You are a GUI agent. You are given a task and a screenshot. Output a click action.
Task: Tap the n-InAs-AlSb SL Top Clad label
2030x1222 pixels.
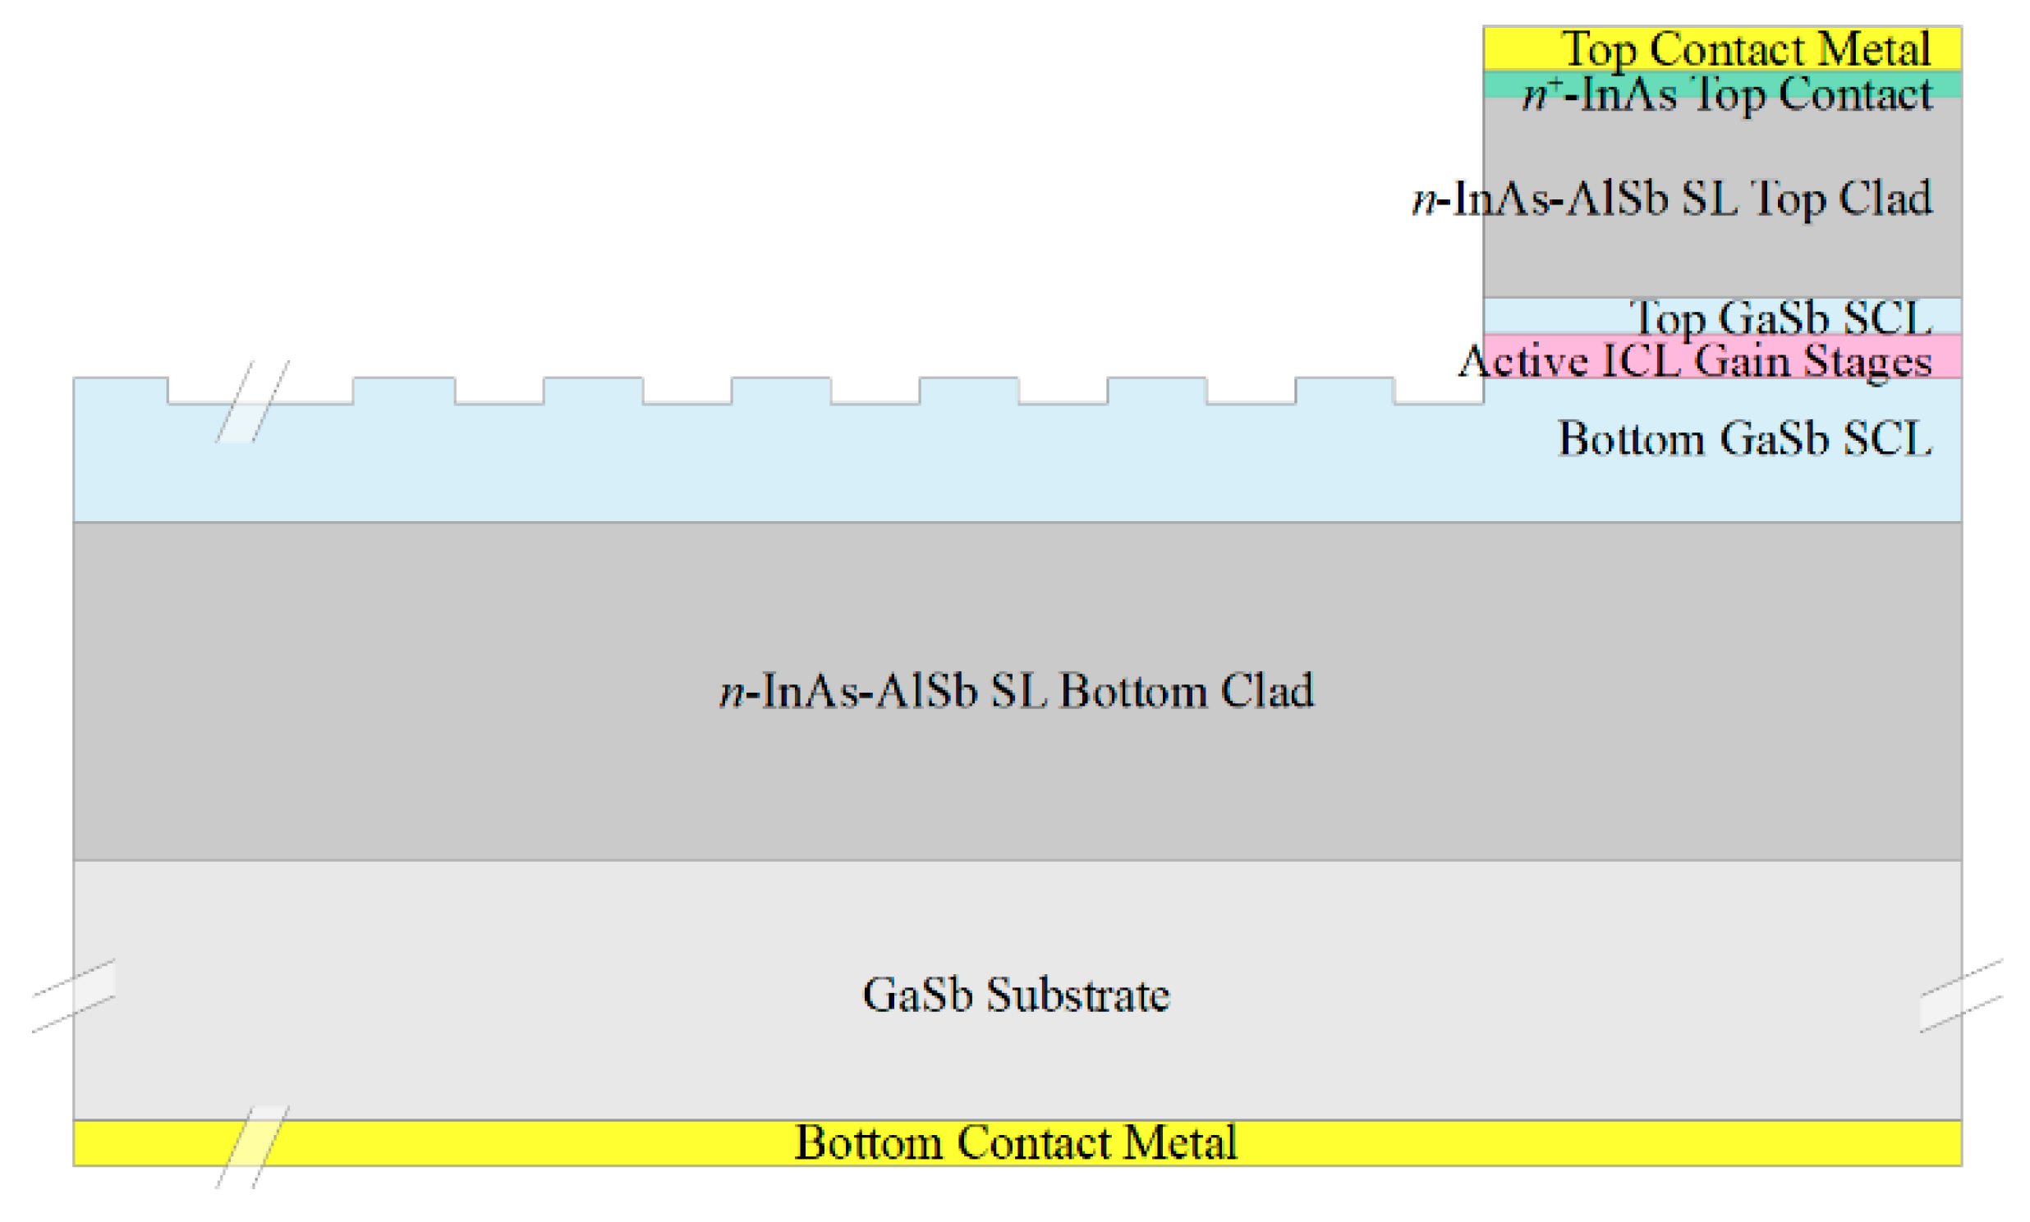(1673, 199)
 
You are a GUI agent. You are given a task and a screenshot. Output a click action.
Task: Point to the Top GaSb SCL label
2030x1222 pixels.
(1780, 318)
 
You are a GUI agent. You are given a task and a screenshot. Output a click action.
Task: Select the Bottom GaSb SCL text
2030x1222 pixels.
(1744, 439)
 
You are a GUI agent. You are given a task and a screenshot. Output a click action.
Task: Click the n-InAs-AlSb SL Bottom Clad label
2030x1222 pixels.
(1017, 690)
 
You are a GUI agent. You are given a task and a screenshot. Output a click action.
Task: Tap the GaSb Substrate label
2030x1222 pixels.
(1016, 995)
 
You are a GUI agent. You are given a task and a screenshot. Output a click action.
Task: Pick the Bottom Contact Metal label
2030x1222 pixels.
(1016, 1143)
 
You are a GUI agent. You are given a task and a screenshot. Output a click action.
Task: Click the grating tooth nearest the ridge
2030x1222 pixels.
(1344, 391)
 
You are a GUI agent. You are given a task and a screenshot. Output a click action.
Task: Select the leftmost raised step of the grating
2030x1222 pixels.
(120, 391)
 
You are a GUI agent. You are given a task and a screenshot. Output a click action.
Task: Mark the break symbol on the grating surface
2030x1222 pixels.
(252, 402)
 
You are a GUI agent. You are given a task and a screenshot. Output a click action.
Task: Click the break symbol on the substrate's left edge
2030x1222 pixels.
(74, 996)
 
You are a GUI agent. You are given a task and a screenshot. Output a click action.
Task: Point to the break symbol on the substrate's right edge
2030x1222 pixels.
(1961, 996)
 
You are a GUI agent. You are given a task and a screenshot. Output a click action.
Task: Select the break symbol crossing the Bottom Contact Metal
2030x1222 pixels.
(252, 1147)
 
